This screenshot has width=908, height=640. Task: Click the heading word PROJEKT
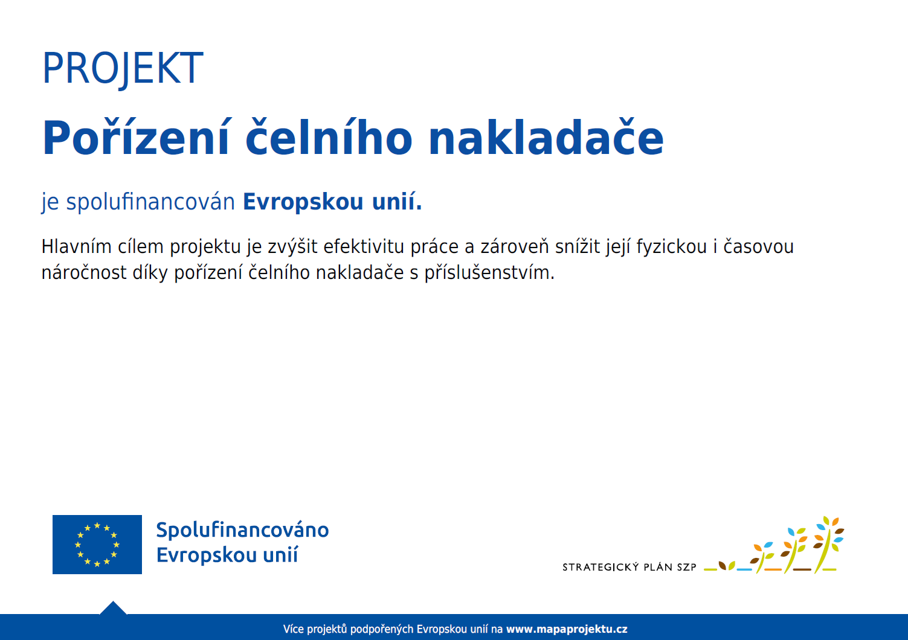coord(123,68)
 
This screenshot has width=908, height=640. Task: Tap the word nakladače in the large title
coord(546,137)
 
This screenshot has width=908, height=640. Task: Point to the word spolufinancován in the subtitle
coord(150,202)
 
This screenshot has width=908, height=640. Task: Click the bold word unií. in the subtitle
coord(397,201)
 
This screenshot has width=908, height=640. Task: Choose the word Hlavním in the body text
coord(76,247)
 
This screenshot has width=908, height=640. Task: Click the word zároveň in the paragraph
coord(514,247)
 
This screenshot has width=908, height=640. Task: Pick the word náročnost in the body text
coord(84,273)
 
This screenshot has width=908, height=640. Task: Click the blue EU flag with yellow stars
coord(97,545)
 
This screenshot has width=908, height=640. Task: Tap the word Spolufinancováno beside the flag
coord(242,530)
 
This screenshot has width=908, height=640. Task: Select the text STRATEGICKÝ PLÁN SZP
coord(629,567)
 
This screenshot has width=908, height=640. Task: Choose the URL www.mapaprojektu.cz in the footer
coord(567,629)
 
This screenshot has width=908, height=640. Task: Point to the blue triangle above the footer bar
coord(113,608)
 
